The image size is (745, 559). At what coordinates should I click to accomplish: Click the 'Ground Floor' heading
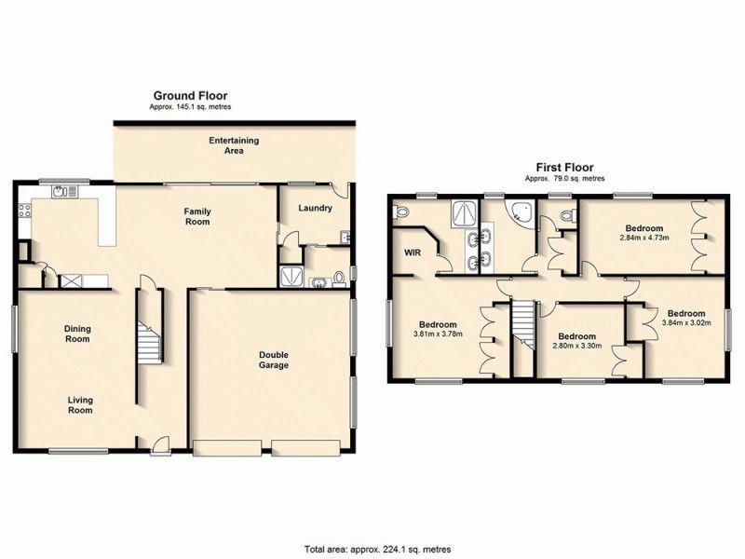point(190,95)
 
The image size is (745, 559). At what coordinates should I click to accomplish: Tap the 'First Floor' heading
point(564,167)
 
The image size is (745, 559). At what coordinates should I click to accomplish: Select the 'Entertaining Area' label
point(234,144)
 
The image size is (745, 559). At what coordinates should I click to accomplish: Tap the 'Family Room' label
point(196,216)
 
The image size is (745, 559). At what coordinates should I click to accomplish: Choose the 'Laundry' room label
point(315,208)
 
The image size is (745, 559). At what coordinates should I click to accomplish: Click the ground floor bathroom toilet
point(339,275)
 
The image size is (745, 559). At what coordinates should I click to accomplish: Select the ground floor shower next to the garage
point(291,277)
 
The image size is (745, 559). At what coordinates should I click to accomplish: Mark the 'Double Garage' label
point(273,359)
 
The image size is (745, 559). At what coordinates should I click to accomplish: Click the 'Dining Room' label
point(76,333)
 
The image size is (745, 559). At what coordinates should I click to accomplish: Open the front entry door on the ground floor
point(159,447)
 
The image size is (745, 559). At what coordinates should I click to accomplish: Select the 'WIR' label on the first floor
point(413,252)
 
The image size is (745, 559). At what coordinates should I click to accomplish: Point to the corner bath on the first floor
point(520,213)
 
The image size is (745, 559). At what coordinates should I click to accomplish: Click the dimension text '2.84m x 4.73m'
point(643,238)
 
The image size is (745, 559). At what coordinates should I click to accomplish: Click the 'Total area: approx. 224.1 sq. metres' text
point(372,547)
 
